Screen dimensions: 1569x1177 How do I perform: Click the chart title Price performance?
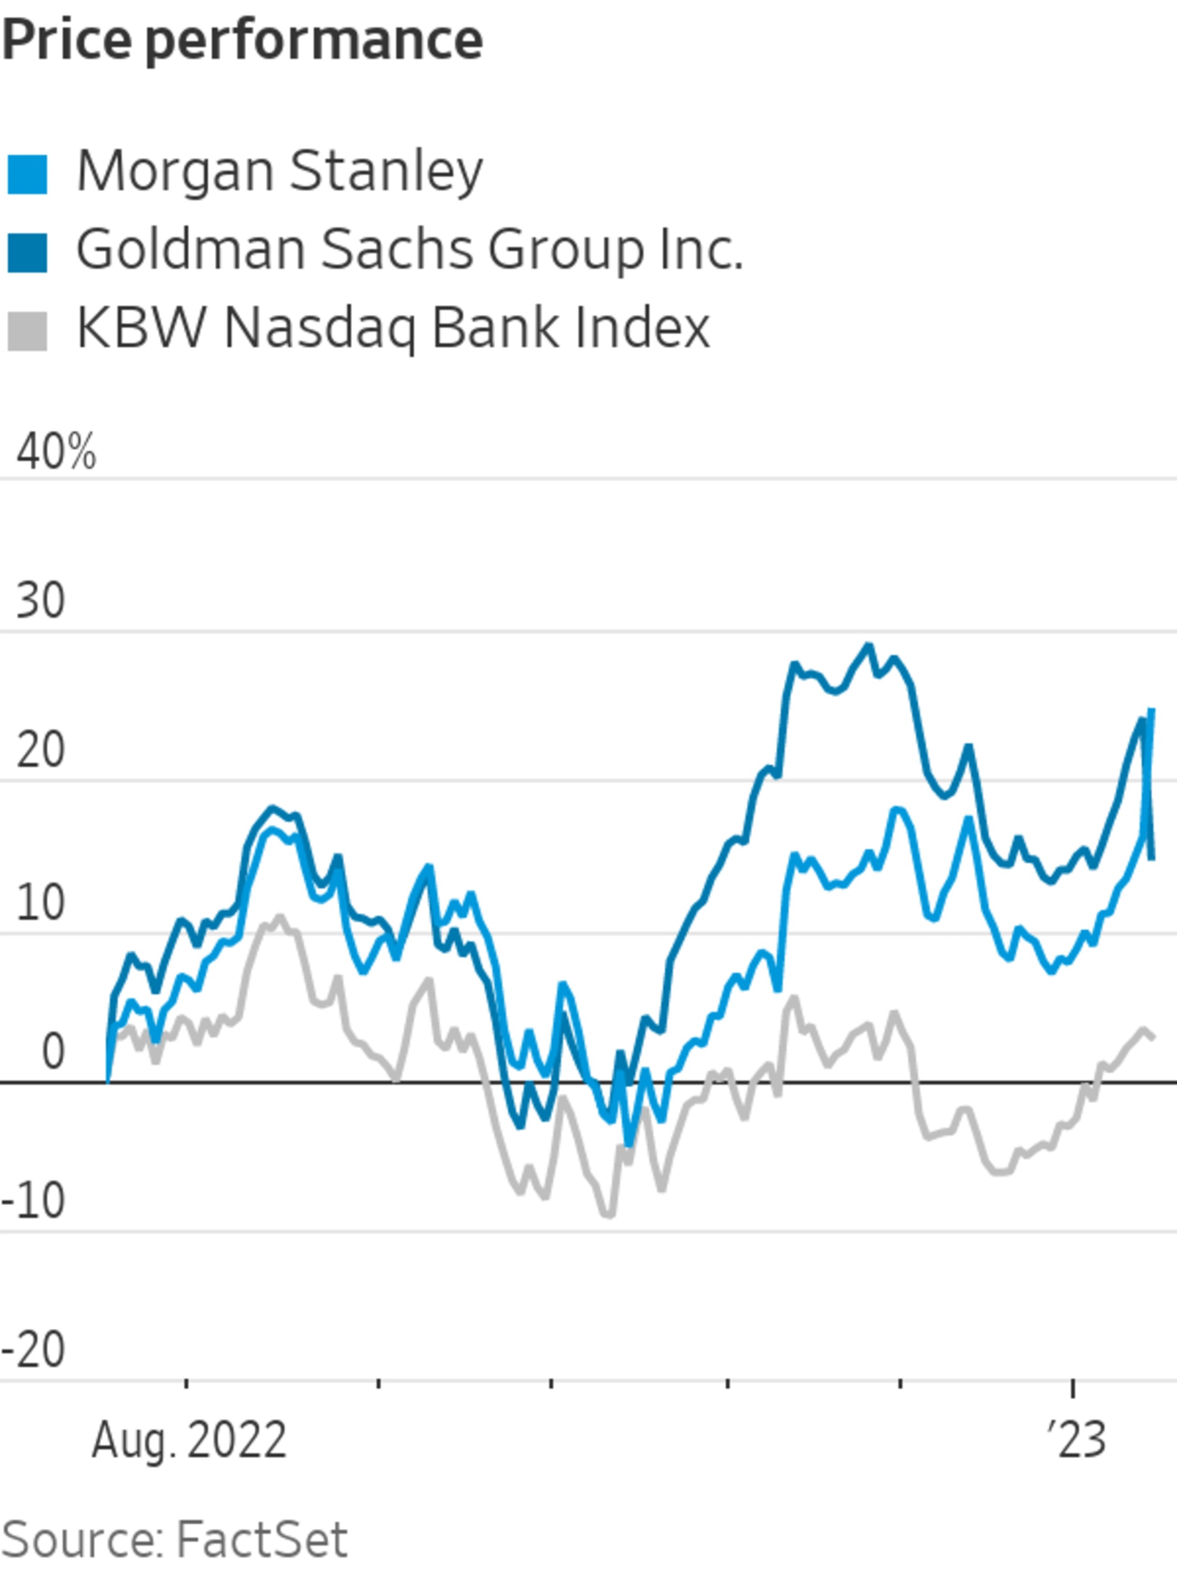coord(242,40)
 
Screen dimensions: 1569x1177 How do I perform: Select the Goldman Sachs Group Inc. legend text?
coord(409,250)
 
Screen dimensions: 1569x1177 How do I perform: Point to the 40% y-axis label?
coord(55,452)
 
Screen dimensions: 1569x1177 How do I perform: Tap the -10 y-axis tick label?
coord(34,1201)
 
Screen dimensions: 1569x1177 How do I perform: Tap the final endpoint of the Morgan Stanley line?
coord(1151,709)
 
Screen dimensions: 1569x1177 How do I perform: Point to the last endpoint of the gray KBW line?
coord(1154,1037)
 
